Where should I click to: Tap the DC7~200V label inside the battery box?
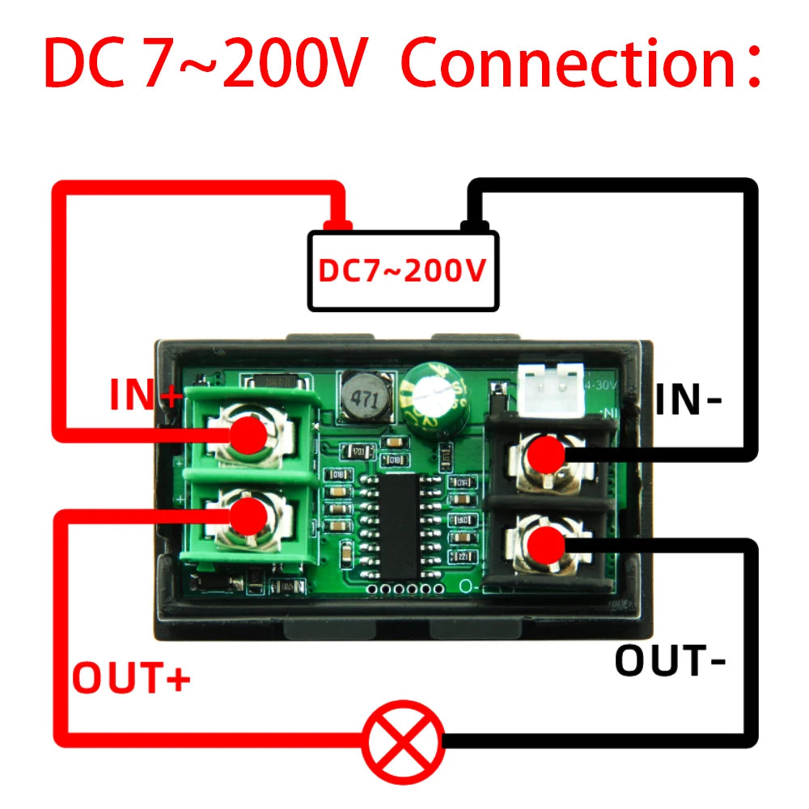coord(402,271)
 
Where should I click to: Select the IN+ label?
coord(146,396)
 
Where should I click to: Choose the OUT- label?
coord(671,661)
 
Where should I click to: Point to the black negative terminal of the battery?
coord(471,224)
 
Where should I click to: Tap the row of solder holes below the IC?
coord(401,589)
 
